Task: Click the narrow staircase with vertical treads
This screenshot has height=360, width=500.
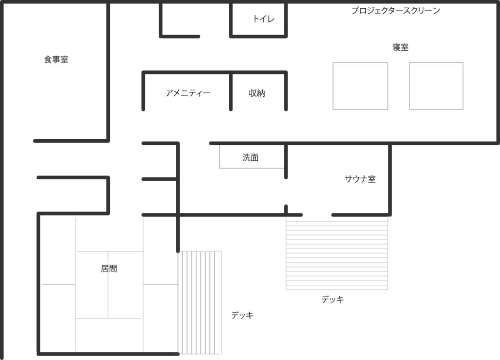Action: point(200,303)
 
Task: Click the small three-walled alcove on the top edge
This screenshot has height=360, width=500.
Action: point(258,19)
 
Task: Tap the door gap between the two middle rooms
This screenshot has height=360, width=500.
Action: point(286,192)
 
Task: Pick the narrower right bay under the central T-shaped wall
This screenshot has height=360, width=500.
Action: point(258,93)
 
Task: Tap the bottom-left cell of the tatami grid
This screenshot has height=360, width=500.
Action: point(58,318)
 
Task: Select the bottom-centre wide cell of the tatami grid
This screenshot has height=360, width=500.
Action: point(109,335)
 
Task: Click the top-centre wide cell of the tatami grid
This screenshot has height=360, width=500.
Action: point(109,233)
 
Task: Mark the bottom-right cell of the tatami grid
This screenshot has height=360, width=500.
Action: point(161,318)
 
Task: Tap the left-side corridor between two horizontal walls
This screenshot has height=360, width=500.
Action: point(71,159)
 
